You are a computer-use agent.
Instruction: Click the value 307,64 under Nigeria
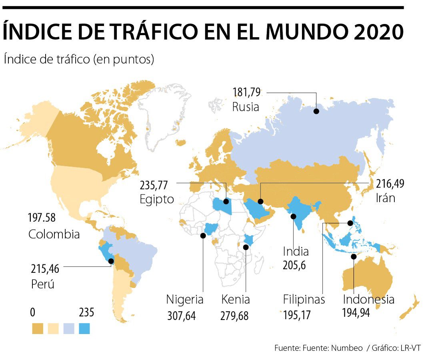point(182,316)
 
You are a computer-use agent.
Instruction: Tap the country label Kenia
point(236,300)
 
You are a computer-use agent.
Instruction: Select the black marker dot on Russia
point(316,111)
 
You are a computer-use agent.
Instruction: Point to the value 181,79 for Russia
point(246,93)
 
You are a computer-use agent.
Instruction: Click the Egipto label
point(157,199)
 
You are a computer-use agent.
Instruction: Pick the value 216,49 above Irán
point(390,184)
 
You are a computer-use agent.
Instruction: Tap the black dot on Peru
point(111,261)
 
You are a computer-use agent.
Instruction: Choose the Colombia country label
point(54,234)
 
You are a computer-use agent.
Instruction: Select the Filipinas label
point(304,300)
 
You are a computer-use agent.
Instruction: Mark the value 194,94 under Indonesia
point(356,312)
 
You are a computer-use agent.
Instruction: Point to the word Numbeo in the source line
point(347,348)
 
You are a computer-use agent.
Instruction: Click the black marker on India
point(293,216)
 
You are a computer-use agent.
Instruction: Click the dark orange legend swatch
point(38,328)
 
